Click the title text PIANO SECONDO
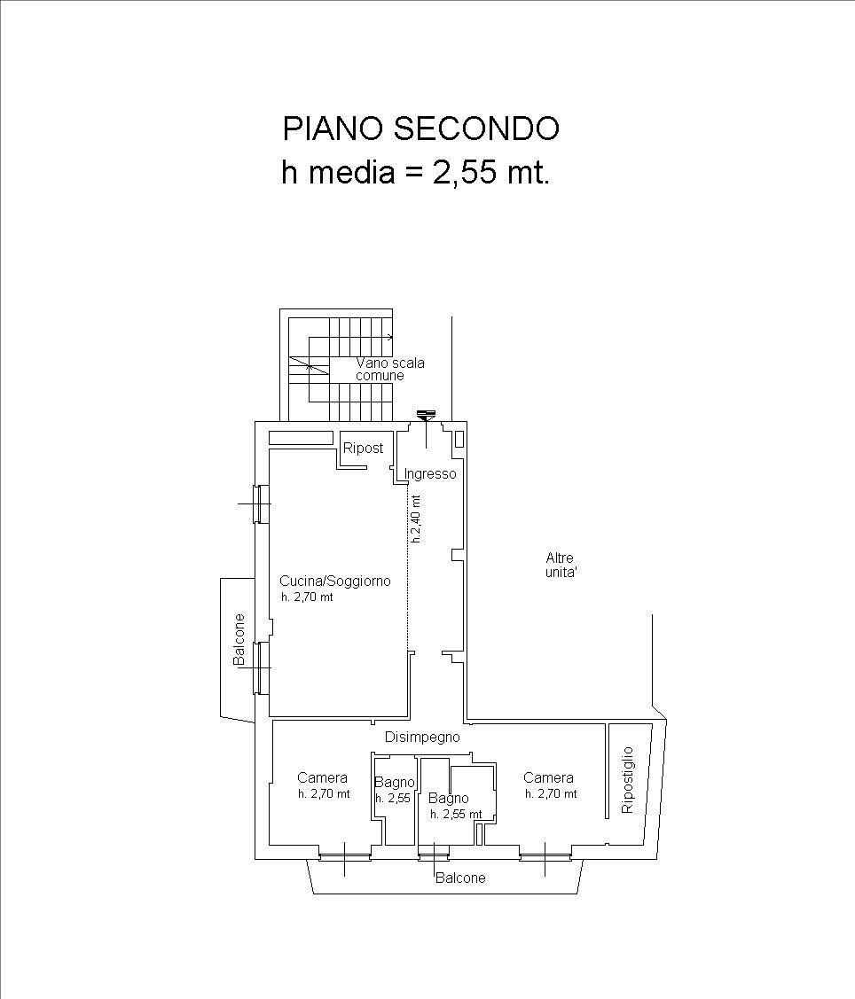[420, 129]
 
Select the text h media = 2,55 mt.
[416, 172]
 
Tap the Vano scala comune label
[389, 370]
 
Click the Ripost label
[364, 448]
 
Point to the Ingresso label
[430, 474]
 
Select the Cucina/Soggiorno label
[335, 581]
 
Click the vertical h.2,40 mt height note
[416, 519]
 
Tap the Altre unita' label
[561, 566]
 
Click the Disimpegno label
[422, 738]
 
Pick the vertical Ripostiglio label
[627, 780]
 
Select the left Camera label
[322, 778]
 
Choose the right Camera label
[548, 778]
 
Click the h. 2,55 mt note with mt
[456, 815]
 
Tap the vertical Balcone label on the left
[239, 640]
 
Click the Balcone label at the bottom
[460, 878]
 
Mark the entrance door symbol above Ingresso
[426, 416]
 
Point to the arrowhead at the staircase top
[389, 337]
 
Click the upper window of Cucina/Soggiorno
[262, 504]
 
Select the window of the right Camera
[545, 856]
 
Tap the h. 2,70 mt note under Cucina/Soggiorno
[307, 597]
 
